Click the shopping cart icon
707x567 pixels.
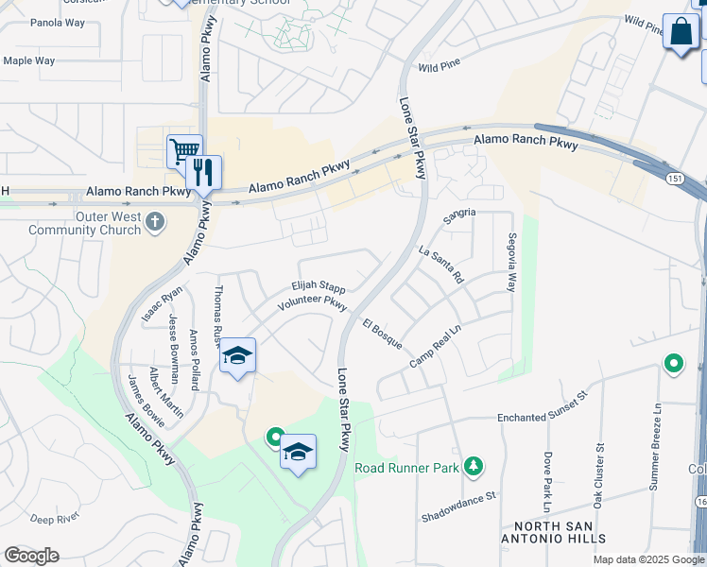tap(184, 150)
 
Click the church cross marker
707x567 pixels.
tap(155, 222)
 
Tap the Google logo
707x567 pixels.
tap(31, 556)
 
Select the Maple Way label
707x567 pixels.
tap(28, 61)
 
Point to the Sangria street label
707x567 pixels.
tap(459, 215)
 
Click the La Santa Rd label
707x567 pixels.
tap(441, 265)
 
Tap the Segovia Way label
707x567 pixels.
tap(511, 262)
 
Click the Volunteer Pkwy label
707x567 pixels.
tap(313, 303)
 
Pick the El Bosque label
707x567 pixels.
tap(382, 333)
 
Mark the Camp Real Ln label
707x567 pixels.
tap(434, 348)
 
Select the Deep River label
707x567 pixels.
tap(54, 518)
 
